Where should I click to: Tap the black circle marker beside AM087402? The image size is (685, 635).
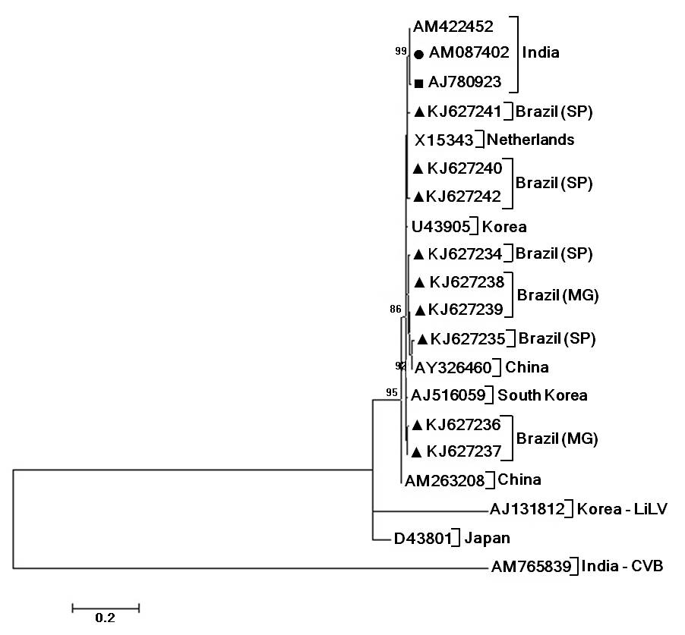pyautogui.click(x=419, y=54)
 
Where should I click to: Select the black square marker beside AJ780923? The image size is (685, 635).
pyautogui.click(x=418, y=82)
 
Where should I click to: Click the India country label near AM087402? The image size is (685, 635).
pyautogui.click(x=541, y=53)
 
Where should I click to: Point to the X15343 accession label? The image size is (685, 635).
pyautogui.click(x=445, y=140)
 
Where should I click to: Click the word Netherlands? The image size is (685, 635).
pyautogui.click(x=531, y=140)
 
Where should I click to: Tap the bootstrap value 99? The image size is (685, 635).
pyautogui.click(x=401, y=51)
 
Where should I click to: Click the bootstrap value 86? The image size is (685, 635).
pyautogui.click(x=395, y=309)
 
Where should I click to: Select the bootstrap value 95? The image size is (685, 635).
pyautogui.click(x=392, y=392)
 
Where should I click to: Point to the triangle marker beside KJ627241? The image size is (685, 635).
pyautogui.click(x=418, y=112)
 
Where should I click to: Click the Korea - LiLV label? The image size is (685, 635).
pyautogui.click(x=622, y=509)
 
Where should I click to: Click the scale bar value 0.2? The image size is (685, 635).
pyautogui.click(x=105, y=618)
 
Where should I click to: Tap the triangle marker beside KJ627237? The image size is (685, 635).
pyautogui.click(x=417, y=452)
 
